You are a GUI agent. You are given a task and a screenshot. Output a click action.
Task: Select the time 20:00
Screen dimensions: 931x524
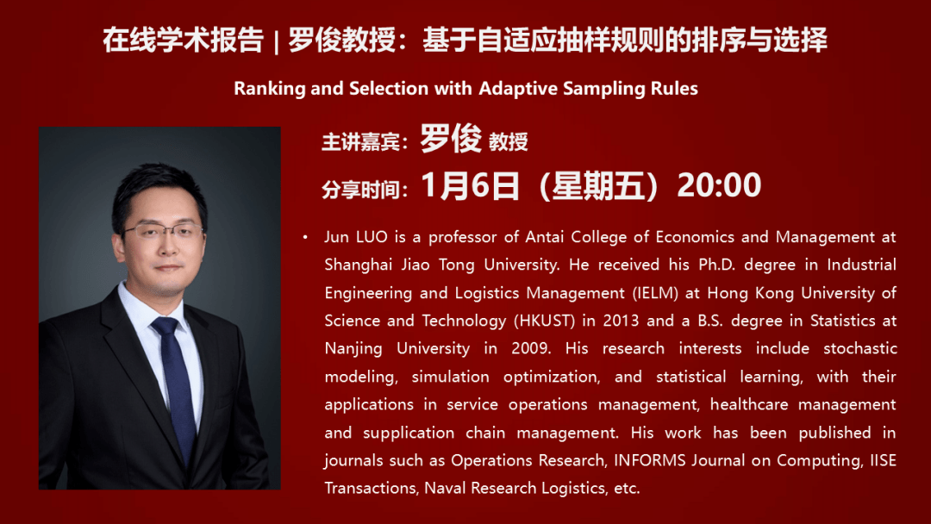tap(719, 185)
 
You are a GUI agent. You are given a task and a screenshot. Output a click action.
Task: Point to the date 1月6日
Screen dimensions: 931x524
tap(471, 185)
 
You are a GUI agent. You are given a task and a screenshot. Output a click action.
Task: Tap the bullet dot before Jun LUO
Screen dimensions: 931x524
tap(306, 237)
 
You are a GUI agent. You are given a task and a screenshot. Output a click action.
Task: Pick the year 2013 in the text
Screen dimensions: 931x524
tap(621, 321)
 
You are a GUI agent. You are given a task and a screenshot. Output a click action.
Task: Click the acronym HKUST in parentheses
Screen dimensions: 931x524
tap(545, 321)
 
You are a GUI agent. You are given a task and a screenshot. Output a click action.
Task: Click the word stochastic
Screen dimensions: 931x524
tap(859, 348)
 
